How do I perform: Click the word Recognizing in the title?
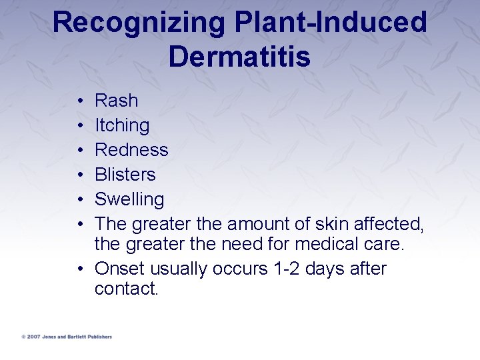pos(138,23)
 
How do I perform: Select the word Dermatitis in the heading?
pos(239,57)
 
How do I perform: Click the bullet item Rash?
pos(117,101)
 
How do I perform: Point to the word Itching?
pos(122,125)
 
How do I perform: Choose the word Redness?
pos(131,150)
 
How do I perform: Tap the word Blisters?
pos(125,175)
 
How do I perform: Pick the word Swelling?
pos(129,199)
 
